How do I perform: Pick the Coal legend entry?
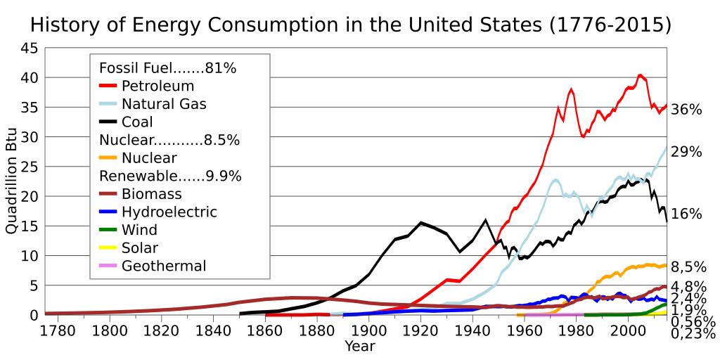(137, 122)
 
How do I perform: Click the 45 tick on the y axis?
(30, 49)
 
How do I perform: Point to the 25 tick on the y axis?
(30, 167)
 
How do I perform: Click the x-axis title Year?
(359, 346)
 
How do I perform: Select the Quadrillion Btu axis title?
(12, 181)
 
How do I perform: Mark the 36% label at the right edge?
(686, 110)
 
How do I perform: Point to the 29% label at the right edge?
(686, 151)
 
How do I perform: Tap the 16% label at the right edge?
(686, 214)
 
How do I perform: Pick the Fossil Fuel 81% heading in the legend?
(167, 68)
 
